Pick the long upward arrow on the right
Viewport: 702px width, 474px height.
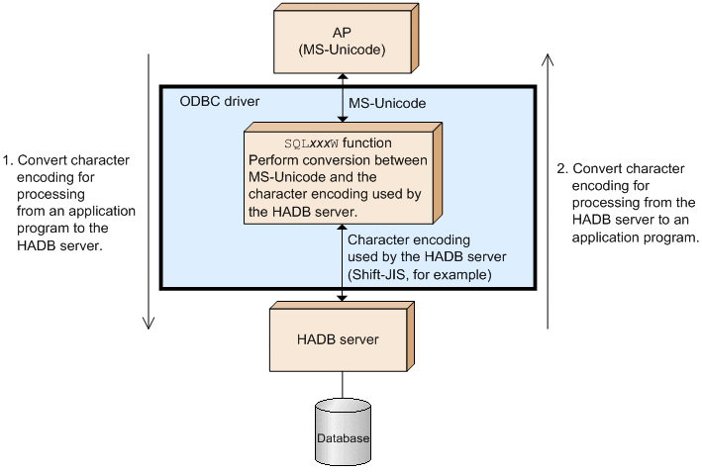549,188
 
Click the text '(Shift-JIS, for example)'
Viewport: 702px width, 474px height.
422,272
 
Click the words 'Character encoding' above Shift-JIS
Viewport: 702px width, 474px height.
409,240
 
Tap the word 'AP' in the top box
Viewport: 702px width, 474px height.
342,32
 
